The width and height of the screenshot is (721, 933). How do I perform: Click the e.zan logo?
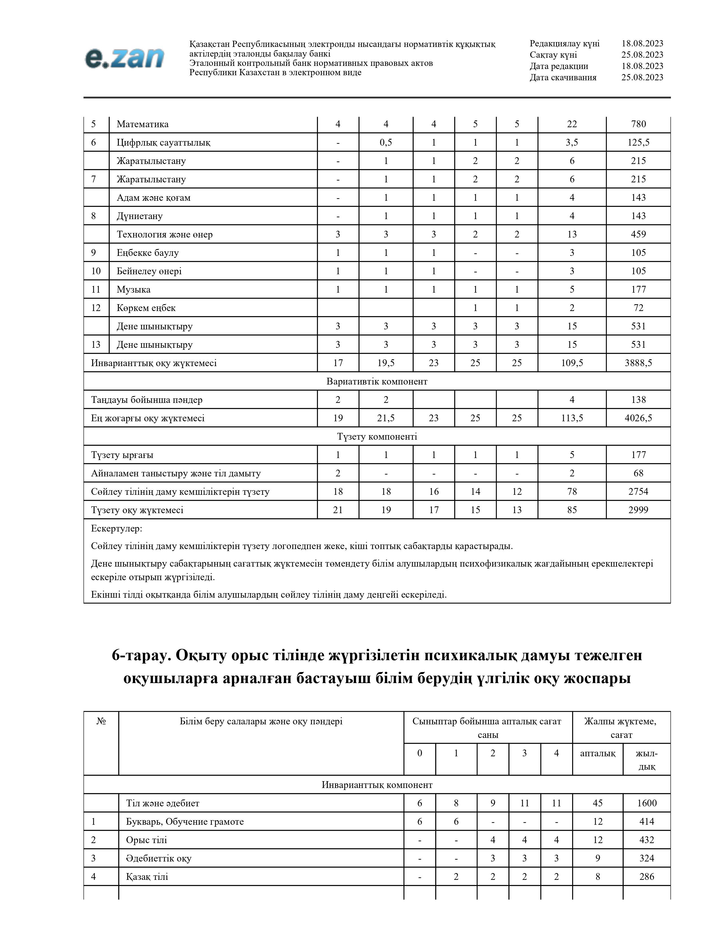124,58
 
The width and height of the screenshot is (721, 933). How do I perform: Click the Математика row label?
143,124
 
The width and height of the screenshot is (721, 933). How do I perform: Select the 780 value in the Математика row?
638,124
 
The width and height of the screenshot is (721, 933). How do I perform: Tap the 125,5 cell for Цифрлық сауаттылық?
638,143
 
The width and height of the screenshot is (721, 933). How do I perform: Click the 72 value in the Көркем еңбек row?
638,308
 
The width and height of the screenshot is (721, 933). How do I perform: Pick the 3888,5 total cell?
638,363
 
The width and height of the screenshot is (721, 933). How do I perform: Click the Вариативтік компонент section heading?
377,381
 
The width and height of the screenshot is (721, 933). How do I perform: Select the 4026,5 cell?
638,418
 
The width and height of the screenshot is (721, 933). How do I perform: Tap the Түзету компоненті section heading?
377,437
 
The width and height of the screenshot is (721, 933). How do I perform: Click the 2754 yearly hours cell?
638,492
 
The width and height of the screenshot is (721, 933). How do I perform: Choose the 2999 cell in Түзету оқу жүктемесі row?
638,510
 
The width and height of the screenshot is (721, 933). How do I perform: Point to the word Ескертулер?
116,529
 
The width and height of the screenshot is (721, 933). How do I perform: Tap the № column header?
101,722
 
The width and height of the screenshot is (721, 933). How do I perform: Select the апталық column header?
597,753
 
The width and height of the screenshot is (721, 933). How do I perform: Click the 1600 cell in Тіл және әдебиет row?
647,803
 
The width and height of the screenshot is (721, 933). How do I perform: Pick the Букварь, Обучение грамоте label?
185,822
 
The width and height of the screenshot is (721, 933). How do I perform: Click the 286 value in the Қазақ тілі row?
647,877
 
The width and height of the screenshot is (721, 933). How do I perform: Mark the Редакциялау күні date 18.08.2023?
642,44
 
